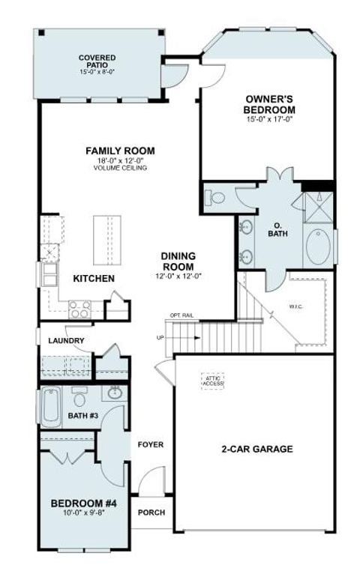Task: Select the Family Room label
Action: coord(119,151)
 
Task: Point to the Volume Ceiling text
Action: coord(120,168)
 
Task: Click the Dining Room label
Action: coord(178,261)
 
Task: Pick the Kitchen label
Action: coord(94,279)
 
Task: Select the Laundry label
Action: coord(66,341)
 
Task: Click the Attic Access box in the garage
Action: coord(211,381)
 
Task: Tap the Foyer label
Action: coord(150,445)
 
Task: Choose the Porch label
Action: coord(151,513)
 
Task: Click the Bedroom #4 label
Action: coord(82,503)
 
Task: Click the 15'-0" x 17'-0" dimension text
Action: coord(268,118)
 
